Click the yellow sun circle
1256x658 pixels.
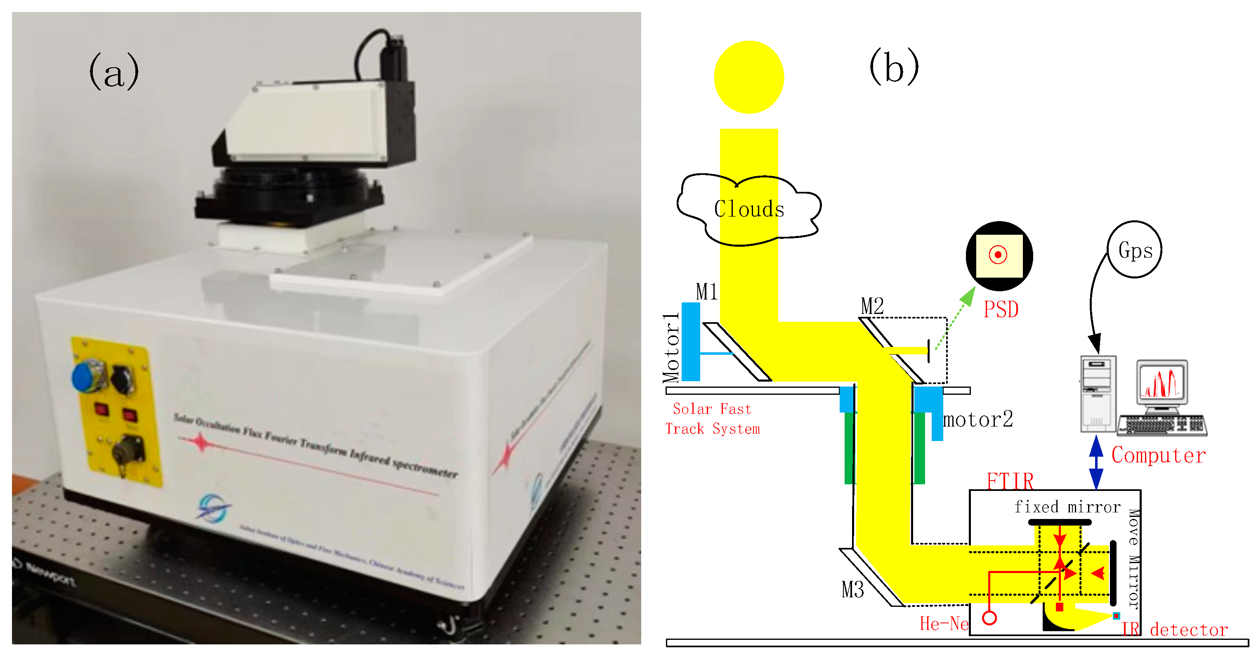tap(748, 77)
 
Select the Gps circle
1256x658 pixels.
tap(1135, 250)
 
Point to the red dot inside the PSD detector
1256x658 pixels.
tap(998, 255)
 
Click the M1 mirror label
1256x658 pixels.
tap(706, 292)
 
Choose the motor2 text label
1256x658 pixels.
tap(977, 420)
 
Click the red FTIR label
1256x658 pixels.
tap(1010, 481)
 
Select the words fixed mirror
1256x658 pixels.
tap(1067, 507)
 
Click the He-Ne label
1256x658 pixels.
tap(944, 624)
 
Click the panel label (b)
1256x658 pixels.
tap(894, 67)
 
